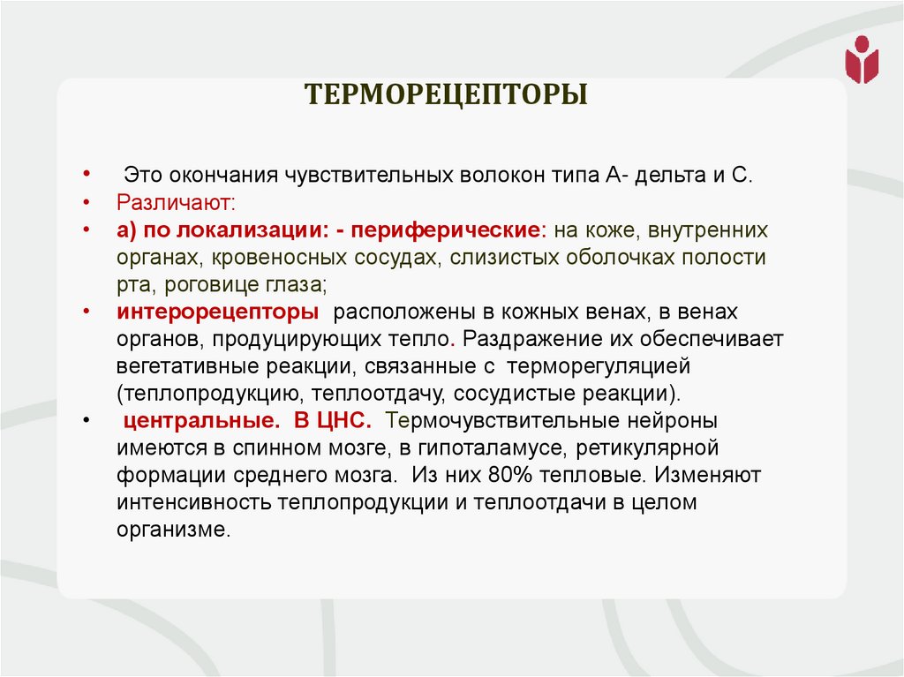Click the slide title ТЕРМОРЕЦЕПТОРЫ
point(447,94)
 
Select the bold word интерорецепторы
point(217,312)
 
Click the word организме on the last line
point(172,530)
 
